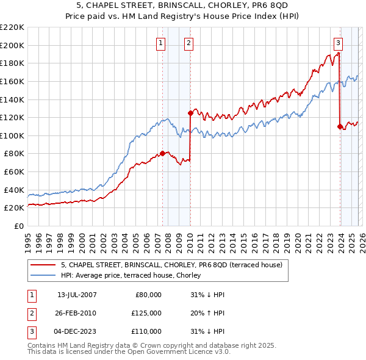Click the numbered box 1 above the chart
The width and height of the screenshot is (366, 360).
point(160,43)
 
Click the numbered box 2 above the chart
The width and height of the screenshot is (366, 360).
point(188,43)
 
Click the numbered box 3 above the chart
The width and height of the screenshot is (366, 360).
point(338,43)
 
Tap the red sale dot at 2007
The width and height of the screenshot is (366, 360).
point(162,153)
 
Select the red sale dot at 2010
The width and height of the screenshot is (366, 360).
point(190,113)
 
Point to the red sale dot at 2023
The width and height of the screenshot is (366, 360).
point(339,126)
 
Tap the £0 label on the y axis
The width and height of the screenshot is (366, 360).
point(19,226)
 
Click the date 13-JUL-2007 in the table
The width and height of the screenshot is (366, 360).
point(77,295)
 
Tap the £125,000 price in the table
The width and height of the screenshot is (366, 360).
point(146,313)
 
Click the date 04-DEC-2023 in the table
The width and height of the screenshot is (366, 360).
point(77,331)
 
